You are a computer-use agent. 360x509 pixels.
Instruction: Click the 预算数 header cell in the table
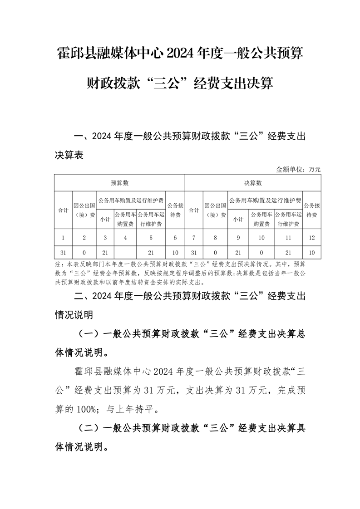click(x=120, y=183)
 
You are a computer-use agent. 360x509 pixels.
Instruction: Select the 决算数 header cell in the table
click(x=253, y=183)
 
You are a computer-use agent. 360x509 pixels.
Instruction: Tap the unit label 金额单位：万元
click(x=298, y=169)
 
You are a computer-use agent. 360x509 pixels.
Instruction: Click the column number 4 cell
click(x=125, y=238)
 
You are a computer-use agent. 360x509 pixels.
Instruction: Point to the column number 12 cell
click(x=312, y=238)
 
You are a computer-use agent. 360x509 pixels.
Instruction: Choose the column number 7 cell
click(x=194, y=238)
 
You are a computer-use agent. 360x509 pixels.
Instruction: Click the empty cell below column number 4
click(x=125, y=252)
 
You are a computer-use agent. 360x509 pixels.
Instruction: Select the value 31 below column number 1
click(x=63, y=252)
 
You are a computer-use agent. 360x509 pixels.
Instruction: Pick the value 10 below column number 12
click(x=312, y=252)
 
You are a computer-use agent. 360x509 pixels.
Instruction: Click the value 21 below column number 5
click(x=152, y=252)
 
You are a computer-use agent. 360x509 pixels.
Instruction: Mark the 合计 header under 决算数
click(x=194, y=210)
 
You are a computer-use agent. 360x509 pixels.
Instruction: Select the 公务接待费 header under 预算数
click(x=175, y=210)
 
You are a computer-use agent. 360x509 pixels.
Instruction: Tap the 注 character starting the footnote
click(x=58, y=264)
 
